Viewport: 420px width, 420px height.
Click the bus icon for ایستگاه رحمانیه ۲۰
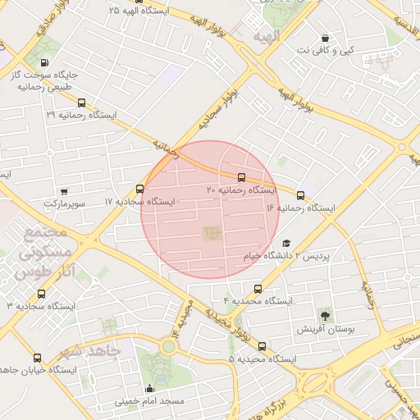pyautogui.click(x=241, y=177)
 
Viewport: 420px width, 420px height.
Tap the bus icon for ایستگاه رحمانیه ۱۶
pyautogui.click(x=300, y=195)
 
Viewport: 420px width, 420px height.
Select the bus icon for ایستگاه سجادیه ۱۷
pyautogui.click(x=139, y=189)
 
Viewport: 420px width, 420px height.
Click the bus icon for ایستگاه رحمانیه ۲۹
pyautogui.click(x=80, y=103)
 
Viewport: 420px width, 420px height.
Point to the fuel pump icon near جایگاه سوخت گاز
pyautogui.click(x=43, y=62)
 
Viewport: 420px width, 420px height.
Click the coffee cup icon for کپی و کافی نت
pyautogui.click(x=326, y=38)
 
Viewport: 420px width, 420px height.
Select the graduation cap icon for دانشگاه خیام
pyautogui.click(x=286, y=243)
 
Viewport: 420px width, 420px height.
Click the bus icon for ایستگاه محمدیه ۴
pyautogui.click(x=258, y=289)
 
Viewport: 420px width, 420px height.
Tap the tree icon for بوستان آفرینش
pyautogui.click(x=326, y=315)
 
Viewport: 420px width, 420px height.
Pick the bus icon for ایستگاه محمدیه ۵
pyautogui.click(x=262, y=346)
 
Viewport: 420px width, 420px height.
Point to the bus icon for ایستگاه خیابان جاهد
pyautogui.click(x=37, y=358)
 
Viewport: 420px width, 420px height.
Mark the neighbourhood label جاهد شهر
pyautogui.click(x=89, y=350)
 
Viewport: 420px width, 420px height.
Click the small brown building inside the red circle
pyautogui.click(x=211, y=235)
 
